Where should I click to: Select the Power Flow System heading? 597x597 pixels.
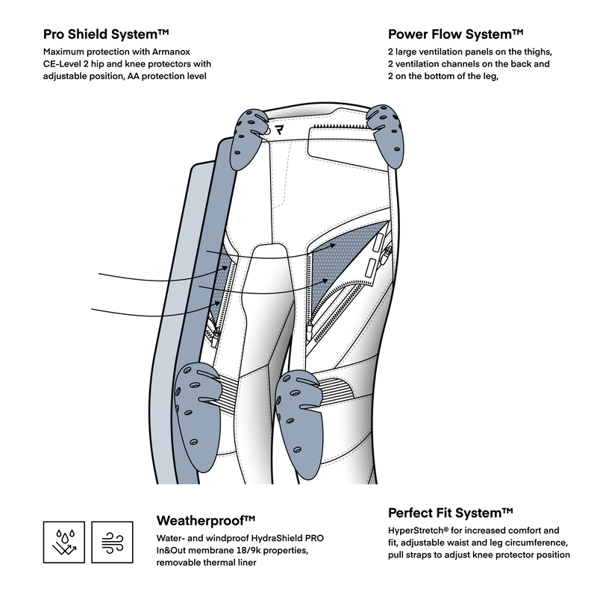pos(455,34)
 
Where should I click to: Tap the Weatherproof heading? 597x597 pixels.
pos(206,520)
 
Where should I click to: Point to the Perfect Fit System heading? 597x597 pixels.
pos(451,513)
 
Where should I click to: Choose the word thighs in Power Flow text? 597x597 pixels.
pos(531,52)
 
